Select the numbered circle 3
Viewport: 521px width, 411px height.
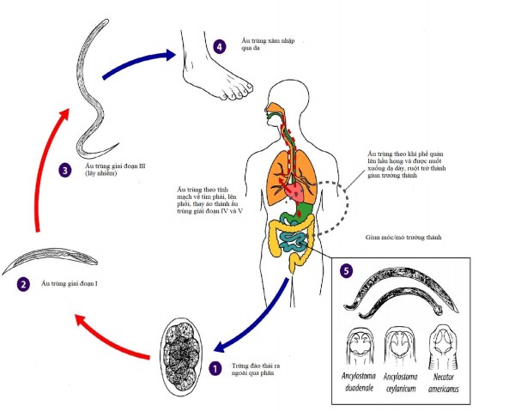tap(64, 171)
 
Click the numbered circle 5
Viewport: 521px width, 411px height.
tap(346, 269)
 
